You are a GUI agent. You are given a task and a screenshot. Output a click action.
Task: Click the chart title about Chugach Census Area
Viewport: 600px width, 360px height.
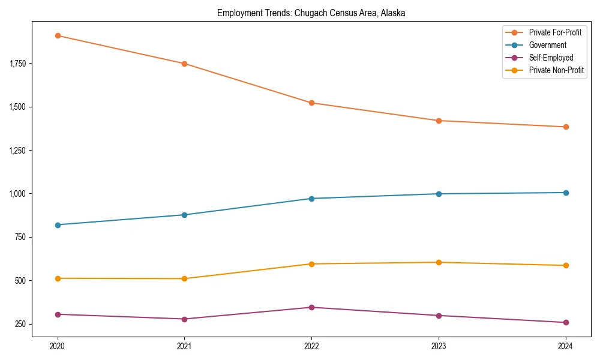(x=311, y=13)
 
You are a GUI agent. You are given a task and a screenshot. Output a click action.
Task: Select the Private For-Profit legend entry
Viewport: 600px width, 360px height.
(x=555, y=32)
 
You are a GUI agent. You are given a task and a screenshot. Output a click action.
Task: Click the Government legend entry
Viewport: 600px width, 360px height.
(x=547, y=45)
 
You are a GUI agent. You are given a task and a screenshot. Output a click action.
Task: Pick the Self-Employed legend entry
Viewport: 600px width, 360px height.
(x=551, y=58)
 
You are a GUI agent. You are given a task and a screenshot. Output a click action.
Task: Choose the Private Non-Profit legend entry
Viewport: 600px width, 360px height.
(x=556, y=70)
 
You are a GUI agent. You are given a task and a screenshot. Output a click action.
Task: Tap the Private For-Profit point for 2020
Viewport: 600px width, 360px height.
(x=58, y=36)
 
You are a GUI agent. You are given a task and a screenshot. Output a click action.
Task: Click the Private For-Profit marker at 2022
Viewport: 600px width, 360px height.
(x=311, y=103)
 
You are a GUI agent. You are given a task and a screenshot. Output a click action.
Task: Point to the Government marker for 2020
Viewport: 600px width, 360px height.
(x=58, y=225)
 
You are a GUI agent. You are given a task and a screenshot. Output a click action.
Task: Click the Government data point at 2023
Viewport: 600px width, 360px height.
(x=439, y=194)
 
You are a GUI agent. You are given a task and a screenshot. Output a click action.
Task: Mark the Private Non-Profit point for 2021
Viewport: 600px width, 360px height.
(x=184, y=278)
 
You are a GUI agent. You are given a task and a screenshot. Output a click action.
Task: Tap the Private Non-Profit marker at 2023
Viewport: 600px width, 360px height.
(x=439, y=262)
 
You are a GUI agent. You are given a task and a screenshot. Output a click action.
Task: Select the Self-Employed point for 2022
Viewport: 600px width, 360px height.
(x=311, y=307)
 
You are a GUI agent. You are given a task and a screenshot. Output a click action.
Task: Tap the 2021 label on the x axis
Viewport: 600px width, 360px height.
(x=184, y=346)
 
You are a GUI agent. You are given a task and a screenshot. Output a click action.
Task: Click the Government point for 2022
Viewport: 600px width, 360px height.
(x=311, y=199)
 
